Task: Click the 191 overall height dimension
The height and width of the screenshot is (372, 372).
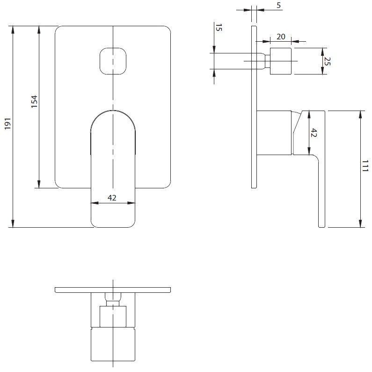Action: pos(8,124)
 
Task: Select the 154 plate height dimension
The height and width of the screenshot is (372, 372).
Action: pos(35,101)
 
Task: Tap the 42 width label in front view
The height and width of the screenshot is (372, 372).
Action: pos(112,198)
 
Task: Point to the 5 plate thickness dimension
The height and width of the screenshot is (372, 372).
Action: pos(279,5)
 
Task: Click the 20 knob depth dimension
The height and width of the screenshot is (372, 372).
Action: pos(281,37)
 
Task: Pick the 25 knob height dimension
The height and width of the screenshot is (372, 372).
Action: pos(327,61)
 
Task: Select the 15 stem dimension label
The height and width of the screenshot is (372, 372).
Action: pos(219,28)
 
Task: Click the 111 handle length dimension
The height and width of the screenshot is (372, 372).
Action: pos(365,166)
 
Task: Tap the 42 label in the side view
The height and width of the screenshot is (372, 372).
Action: pos(314,133)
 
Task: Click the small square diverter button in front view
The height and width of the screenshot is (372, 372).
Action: pos(113,61)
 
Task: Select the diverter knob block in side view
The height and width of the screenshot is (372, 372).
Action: pos(281,61)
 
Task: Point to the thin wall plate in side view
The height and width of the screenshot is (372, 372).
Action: pos(254,107)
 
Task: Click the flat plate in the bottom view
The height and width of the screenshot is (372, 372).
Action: pos(113,290)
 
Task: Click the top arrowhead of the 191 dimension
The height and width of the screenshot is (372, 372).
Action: pos(13,30)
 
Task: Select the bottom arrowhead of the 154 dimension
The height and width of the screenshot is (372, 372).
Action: pos(39,184)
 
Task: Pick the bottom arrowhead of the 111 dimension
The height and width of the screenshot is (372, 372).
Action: pos(360,223)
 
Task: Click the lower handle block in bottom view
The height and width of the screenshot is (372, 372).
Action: pos(113,344)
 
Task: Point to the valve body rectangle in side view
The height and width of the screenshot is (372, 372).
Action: pos(274,133)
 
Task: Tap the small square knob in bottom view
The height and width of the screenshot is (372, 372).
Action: pos(113,316)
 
